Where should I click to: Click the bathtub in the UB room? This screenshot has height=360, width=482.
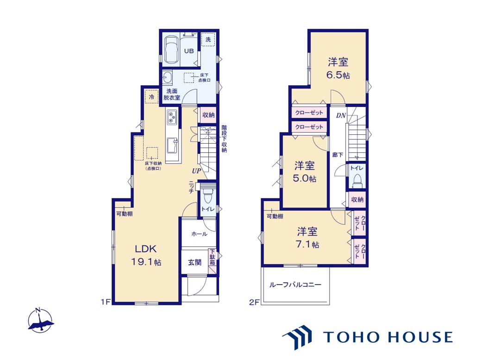(x=171, y=51)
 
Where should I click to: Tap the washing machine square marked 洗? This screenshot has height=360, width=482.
(x=208, y=39)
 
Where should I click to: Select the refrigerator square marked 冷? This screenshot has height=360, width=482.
(x=151, y=97)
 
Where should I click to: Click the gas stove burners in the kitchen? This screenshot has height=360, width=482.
(x=172, y=117)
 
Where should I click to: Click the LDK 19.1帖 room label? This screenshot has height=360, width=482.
(x=146, y=255)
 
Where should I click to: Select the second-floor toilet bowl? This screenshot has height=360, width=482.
(x=357, y=181)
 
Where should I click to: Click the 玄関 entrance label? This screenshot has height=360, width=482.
(x=194, y=262)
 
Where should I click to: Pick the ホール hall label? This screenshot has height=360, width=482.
(x=199, y=234)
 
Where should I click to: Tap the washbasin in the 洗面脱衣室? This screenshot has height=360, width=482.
(x=168, y=77)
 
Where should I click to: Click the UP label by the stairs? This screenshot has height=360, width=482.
(x=196, y=171)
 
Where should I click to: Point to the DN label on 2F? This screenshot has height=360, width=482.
(x=341, y=116)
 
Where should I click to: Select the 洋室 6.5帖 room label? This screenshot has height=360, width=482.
(x=338, y=68)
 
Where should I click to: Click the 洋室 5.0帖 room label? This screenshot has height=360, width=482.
(x=304, y=172)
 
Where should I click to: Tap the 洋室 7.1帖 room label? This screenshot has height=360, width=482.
(x=307, y=238)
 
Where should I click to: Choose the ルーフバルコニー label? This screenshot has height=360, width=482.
(x=295, y=284)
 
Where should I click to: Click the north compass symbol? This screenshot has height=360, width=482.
(x=40, y=320)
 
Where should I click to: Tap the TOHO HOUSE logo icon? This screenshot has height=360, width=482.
(x=298, y=337)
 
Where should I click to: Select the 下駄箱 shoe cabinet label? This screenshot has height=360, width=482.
(x=213, y=257)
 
